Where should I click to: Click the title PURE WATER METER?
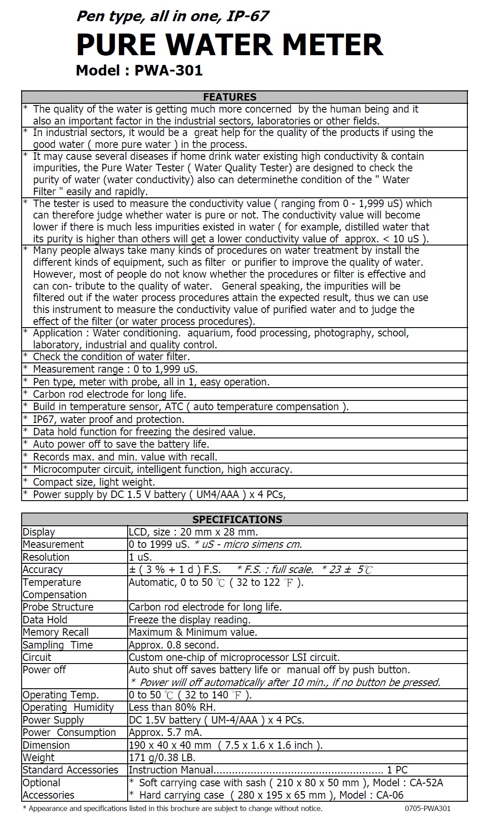229,45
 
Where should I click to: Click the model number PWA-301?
168,71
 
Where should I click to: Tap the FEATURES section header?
229,97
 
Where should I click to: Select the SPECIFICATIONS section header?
237,519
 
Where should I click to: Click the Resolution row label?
46,557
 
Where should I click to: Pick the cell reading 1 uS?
140,557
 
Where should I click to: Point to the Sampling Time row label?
57,645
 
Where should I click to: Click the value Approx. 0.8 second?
174,645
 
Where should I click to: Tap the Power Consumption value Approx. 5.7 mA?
165,732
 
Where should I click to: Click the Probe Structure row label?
58,607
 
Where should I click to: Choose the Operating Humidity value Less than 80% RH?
172,707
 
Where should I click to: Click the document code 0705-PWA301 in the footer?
427,809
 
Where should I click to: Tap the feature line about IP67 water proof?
108,419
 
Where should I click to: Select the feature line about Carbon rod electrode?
110,394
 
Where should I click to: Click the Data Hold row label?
45,620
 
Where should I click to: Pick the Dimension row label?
46,745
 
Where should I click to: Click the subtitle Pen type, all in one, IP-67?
172,16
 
